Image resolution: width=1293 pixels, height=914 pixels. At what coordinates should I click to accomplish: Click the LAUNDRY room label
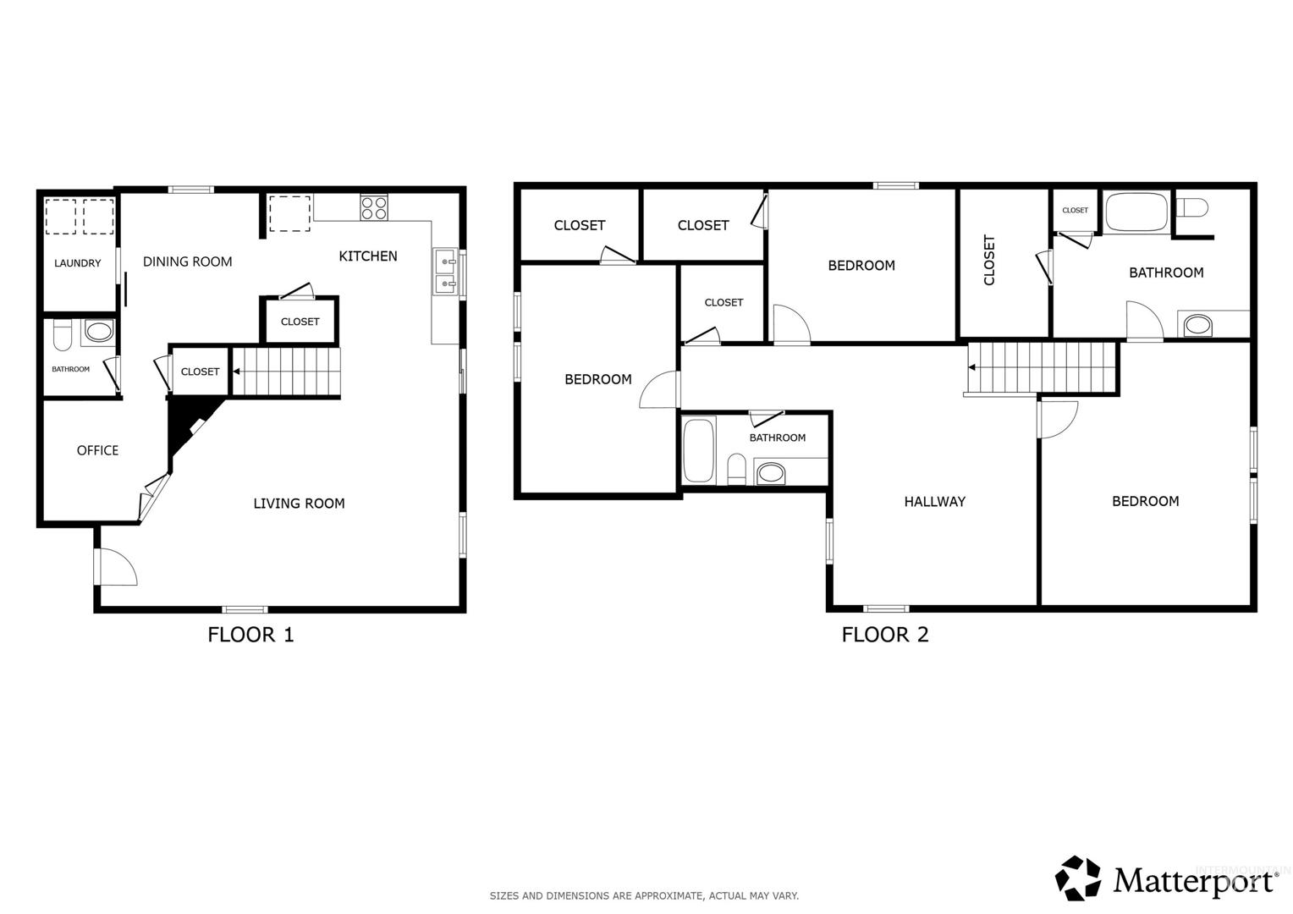[x=77, y=263]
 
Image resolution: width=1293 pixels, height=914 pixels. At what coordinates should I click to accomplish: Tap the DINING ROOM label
[x=188, y=262]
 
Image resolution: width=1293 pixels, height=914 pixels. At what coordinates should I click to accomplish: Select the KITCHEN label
[x=368, y=256]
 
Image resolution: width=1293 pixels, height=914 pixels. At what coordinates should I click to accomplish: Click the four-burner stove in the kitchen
[x=374, y=208]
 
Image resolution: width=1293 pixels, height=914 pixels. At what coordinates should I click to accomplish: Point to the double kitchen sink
[x=446, y=273]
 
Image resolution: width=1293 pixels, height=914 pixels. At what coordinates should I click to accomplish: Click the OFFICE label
[x=97, y=450]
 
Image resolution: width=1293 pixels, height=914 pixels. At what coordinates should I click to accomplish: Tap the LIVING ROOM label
[x=299, y=504]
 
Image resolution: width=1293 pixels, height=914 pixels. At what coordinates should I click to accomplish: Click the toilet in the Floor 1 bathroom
[x=62, y=335]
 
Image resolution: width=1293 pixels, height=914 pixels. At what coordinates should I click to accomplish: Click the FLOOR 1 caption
[x=250, y=635]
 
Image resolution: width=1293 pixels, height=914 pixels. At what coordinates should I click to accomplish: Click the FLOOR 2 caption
[x=885, y=635]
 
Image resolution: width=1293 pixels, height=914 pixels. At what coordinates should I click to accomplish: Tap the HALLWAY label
[x=934, y=502]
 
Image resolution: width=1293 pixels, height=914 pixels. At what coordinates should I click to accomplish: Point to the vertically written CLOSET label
[x=989, y=260]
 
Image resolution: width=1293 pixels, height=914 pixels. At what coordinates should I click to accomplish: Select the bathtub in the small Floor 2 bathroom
[x=698, y=449]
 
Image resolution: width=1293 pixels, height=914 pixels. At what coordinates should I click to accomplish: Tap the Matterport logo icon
[x=1077, y=878]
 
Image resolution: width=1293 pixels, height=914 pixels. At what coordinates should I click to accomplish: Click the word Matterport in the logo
[x=1194, y=881]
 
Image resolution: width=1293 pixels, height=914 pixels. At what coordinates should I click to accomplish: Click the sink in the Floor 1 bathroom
[x=98, y=332]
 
